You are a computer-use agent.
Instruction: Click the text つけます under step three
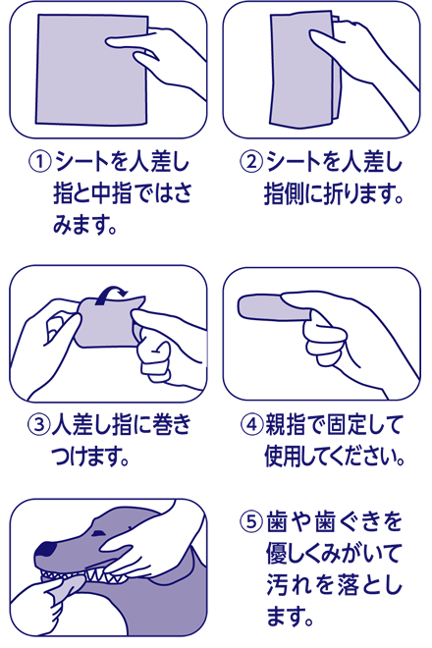(x=93, y=457)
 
